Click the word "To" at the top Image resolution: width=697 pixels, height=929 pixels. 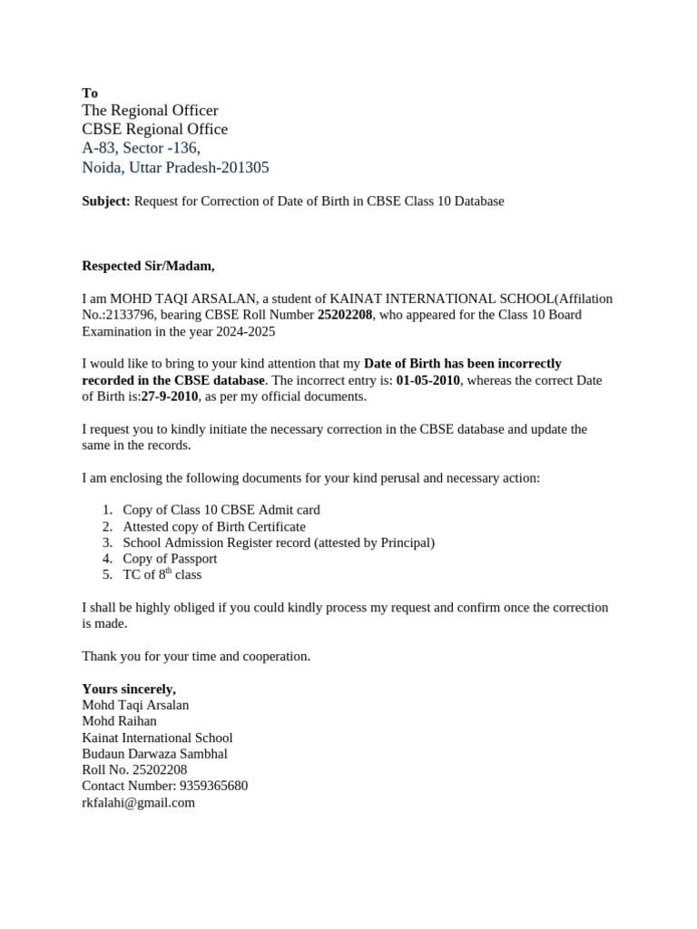[90, 93]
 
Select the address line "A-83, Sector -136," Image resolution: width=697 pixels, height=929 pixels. [141, 148]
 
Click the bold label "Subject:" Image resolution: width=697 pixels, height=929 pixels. [106, 201]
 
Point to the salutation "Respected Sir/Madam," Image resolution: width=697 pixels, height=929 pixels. [149, 266]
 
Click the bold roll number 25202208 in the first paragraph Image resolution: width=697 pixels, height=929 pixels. [345, 315]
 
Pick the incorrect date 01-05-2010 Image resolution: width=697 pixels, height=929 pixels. [428, 380]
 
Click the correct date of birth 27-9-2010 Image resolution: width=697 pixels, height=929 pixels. [170, 396]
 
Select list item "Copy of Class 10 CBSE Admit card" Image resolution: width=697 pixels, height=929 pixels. [221, 510]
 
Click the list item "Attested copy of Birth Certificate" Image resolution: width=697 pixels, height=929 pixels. [214, 526]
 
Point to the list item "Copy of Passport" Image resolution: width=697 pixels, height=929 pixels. [170, 559]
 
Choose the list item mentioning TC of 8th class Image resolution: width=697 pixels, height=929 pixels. [162, 575]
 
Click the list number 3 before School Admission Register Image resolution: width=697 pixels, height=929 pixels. [106, 543]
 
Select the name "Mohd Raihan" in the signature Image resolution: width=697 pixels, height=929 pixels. [119, 721]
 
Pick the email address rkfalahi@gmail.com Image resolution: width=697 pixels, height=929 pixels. [138, 803]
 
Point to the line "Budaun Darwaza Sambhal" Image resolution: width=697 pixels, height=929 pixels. [154, 754]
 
